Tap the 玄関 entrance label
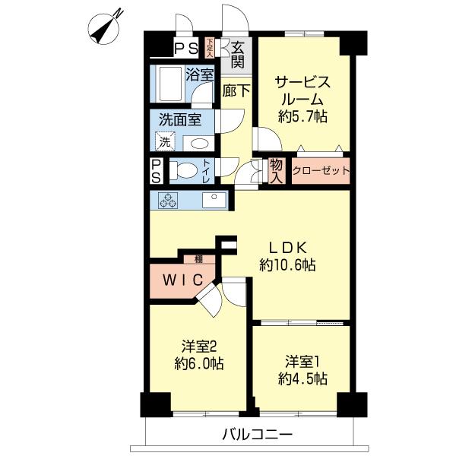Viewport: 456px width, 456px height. tap(237, 52)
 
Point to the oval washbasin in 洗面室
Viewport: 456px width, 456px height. tap(198, 142)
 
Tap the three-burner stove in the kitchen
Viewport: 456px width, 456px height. tap(167, 201)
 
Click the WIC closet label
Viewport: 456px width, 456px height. tap(180, 280)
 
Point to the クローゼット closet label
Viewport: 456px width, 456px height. tap(320, 171)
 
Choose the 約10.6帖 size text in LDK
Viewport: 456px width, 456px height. tap(287, 265)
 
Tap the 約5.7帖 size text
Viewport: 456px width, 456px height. tap(302, 116)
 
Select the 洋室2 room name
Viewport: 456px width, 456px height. tap(197, 344)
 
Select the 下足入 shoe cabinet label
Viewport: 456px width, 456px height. tap(210, 47)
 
